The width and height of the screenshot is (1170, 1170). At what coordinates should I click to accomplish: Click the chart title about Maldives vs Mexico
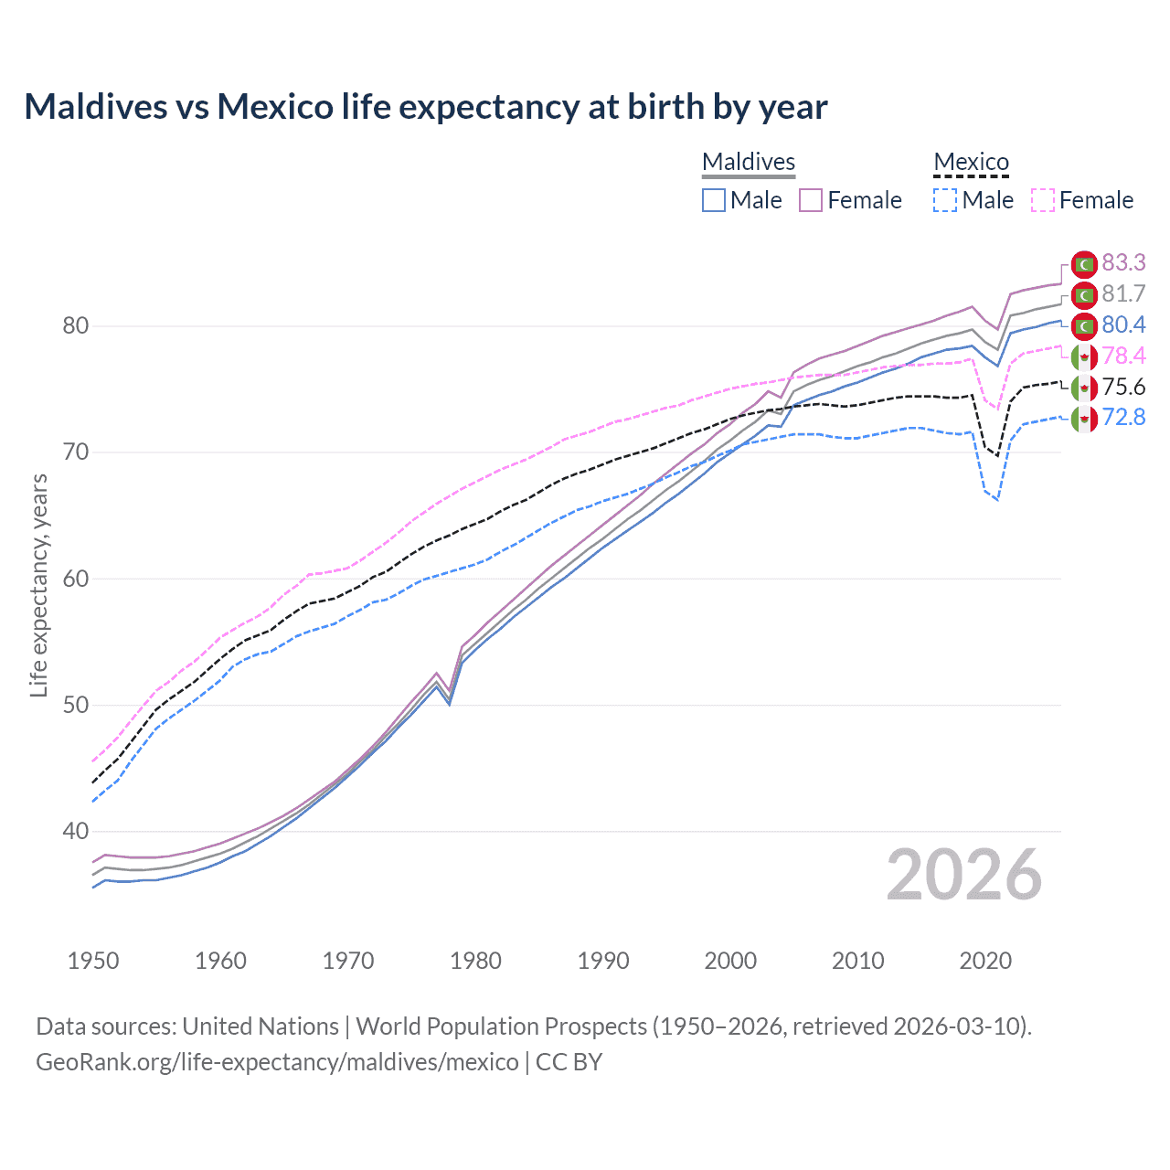tap(426, 107)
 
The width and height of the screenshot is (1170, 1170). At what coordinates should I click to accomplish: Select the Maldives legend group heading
tap(749, 162)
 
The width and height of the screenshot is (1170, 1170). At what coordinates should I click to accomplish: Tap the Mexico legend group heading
tap(971, 162)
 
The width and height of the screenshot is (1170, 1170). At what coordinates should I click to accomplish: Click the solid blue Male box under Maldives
tap(714, 200)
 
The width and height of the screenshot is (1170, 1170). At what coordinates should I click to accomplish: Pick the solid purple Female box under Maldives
tap(811, 200)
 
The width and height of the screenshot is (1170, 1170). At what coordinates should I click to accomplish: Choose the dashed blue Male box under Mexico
tap(945, 200)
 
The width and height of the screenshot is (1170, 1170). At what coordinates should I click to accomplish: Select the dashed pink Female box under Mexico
tap(1043, 200)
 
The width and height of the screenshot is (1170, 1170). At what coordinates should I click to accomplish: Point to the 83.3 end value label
tap(1123, 263)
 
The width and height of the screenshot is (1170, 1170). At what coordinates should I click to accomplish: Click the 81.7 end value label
tap(1123, 294)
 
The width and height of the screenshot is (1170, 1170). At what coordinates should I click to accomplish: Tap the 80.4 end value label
tap(1123, 325)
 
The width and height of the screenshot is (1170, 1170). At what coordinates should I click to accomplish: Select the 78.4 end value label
tap(1123, 356)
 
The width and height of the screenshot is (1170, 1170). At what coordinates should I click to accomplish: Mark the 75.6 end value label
tap(1123, 388)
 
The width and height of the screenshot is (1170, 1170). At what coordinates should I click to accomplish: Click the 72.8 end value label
tap(1123, 418)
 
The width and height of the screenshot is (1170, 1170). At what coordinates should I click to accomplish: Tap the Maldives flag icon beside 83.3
tap(1084, 264)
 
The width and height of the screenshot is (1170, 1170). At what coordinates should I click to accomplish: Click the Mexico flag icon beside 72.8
tap(1084, 420)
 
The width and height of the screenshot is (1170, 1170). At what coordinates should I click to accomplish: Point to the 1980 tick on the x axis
tap(475, 961)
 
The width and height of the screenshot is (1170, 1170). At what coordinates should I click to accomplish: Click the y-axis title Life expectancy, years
tap(38, 585)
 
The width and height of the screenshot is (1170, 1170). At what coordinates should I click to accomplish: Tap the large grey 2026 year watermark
tap(963, 875)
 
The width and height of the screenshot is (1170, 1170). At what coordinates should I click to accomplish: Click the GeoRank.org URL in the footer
tap(277, 1062)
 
